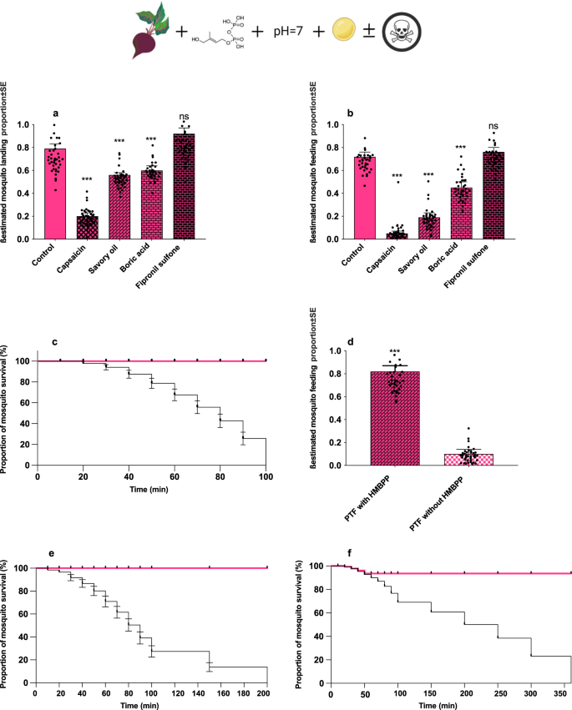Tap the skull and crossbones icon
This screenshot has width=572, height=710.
coord(402,33)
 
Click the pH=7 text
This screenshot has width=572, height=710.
coord(288,31)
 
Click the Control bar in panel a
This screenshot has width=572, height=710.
coord(55,194)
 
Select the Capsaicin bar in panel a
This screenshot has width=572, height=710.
coord(88,227)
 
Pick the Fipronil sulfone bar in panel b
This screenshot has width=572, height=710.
coord(494,195)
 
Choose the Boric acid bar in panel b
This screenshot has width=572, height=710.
coord(462,214)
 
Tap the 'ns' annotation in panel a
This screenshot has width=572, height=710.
coord(184,117)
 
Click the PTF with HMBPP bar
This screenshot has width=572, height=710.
coord(395,418)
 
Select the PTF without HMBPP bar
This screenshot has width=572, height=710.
coord(468,459)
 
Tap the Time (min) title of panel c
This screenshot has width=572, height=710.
coord(149,490)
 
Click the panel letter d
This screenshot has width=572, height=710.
coord(350,341)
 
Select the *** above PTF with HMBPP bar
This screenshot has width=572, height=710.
coord(395,352)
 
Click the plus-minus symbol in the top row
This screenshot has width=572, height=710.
coord(369,30)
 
